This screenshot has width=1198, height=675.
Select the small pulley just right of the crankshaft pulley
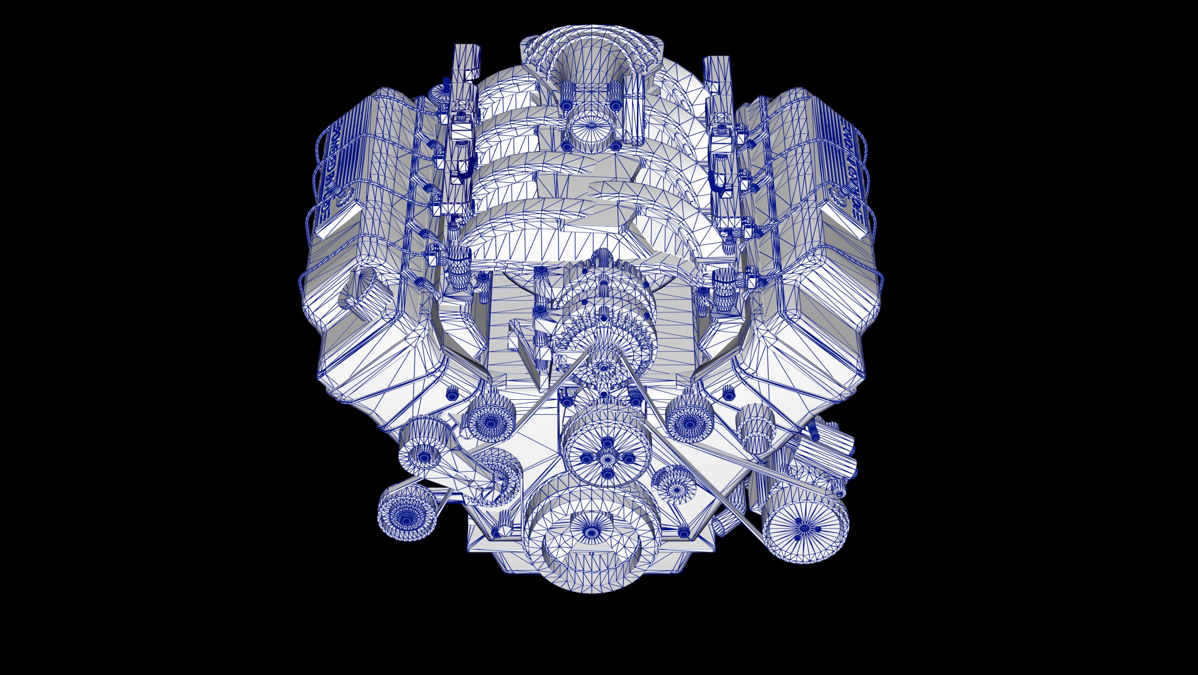(674, 487)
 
